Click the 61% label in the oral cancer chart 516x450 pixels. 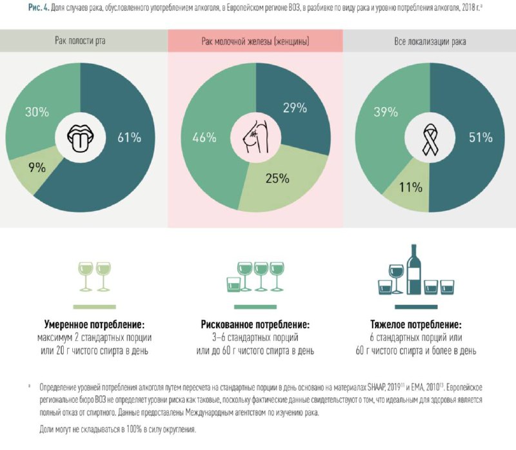pyautogui.click(x=130, y=137)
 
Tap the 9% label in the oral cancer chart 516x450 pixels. pyautogui.click(x=37, y=168)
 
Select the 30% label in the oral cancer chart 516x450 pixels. pyautogui.click(x=37, y=112)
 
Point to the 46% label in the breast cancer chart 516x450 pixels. pyautogui.click(x=204, y=137)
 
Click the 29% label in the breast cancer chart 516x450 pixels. pyautogui.click(x=295, y=108)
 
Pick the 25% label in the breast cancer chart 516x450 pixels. pyautogui.click(x=277, y=179)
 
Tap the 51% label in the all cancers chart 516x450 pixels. pyautogui.click(x=481, y=137)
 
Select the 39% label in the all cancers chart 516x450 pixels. pyautogui.click(x=386, y=112)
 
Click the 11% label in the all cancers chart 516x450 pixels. pyautogui.click(x=411, y=187)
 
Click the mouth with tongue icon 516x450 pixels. pyautogui.click(x=80, y=138)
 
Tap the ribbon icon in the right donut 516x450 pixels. pyautogui.click(x=430, y=139)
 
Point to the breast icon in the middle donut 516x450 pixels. pyautogui.click(x=255, y=137)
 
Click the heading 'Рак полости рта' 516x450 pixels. pyautogui.click(x=80, y=41)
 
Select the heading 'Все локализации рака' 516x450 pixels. pyautogui.click(x=430, y=41)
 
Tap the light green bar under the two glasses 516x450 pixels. pyautogui.click(x=94, y=307)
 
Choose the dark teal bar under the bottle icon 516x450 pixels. pyautogui.click(x=416, y=307)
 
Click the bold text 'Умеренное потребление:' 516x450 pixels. pyautogui.click(x=94, y=325)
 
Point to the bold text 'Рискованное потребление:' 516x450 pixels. pyautogui.click(x=255, y=325)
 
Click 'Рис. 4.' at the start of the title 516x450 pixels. pyautogui.click(x=39, y=8)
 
